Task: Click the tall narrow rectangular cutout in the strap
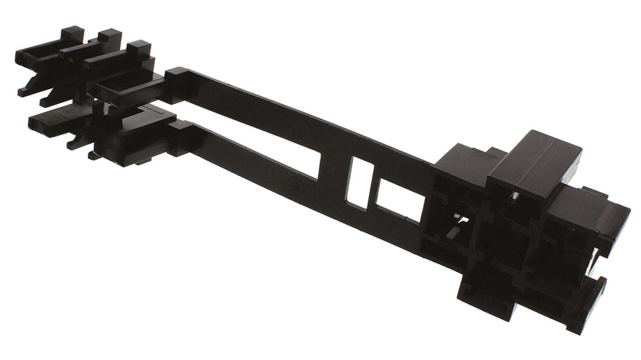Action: pyautogui.click(x=360, y=183)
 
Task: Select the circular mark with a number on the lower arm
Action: pyautogui.click(x=296, y=184)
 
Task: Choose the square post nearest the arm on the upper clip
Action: pyautogui.click(x=139, y=48)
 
